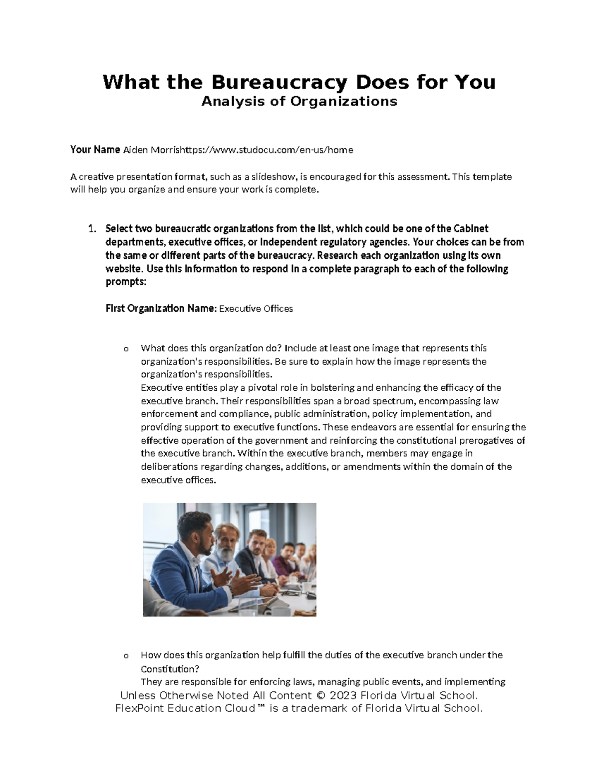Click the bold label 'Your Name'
[x=95, y=149]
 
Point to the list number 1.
[x=91, y=229]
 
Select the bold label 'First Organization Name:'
[x=161, y=308]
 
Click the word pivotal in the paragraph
[x=242, y=388]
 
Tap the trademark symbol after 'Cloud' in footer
[x=262, y=708]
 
